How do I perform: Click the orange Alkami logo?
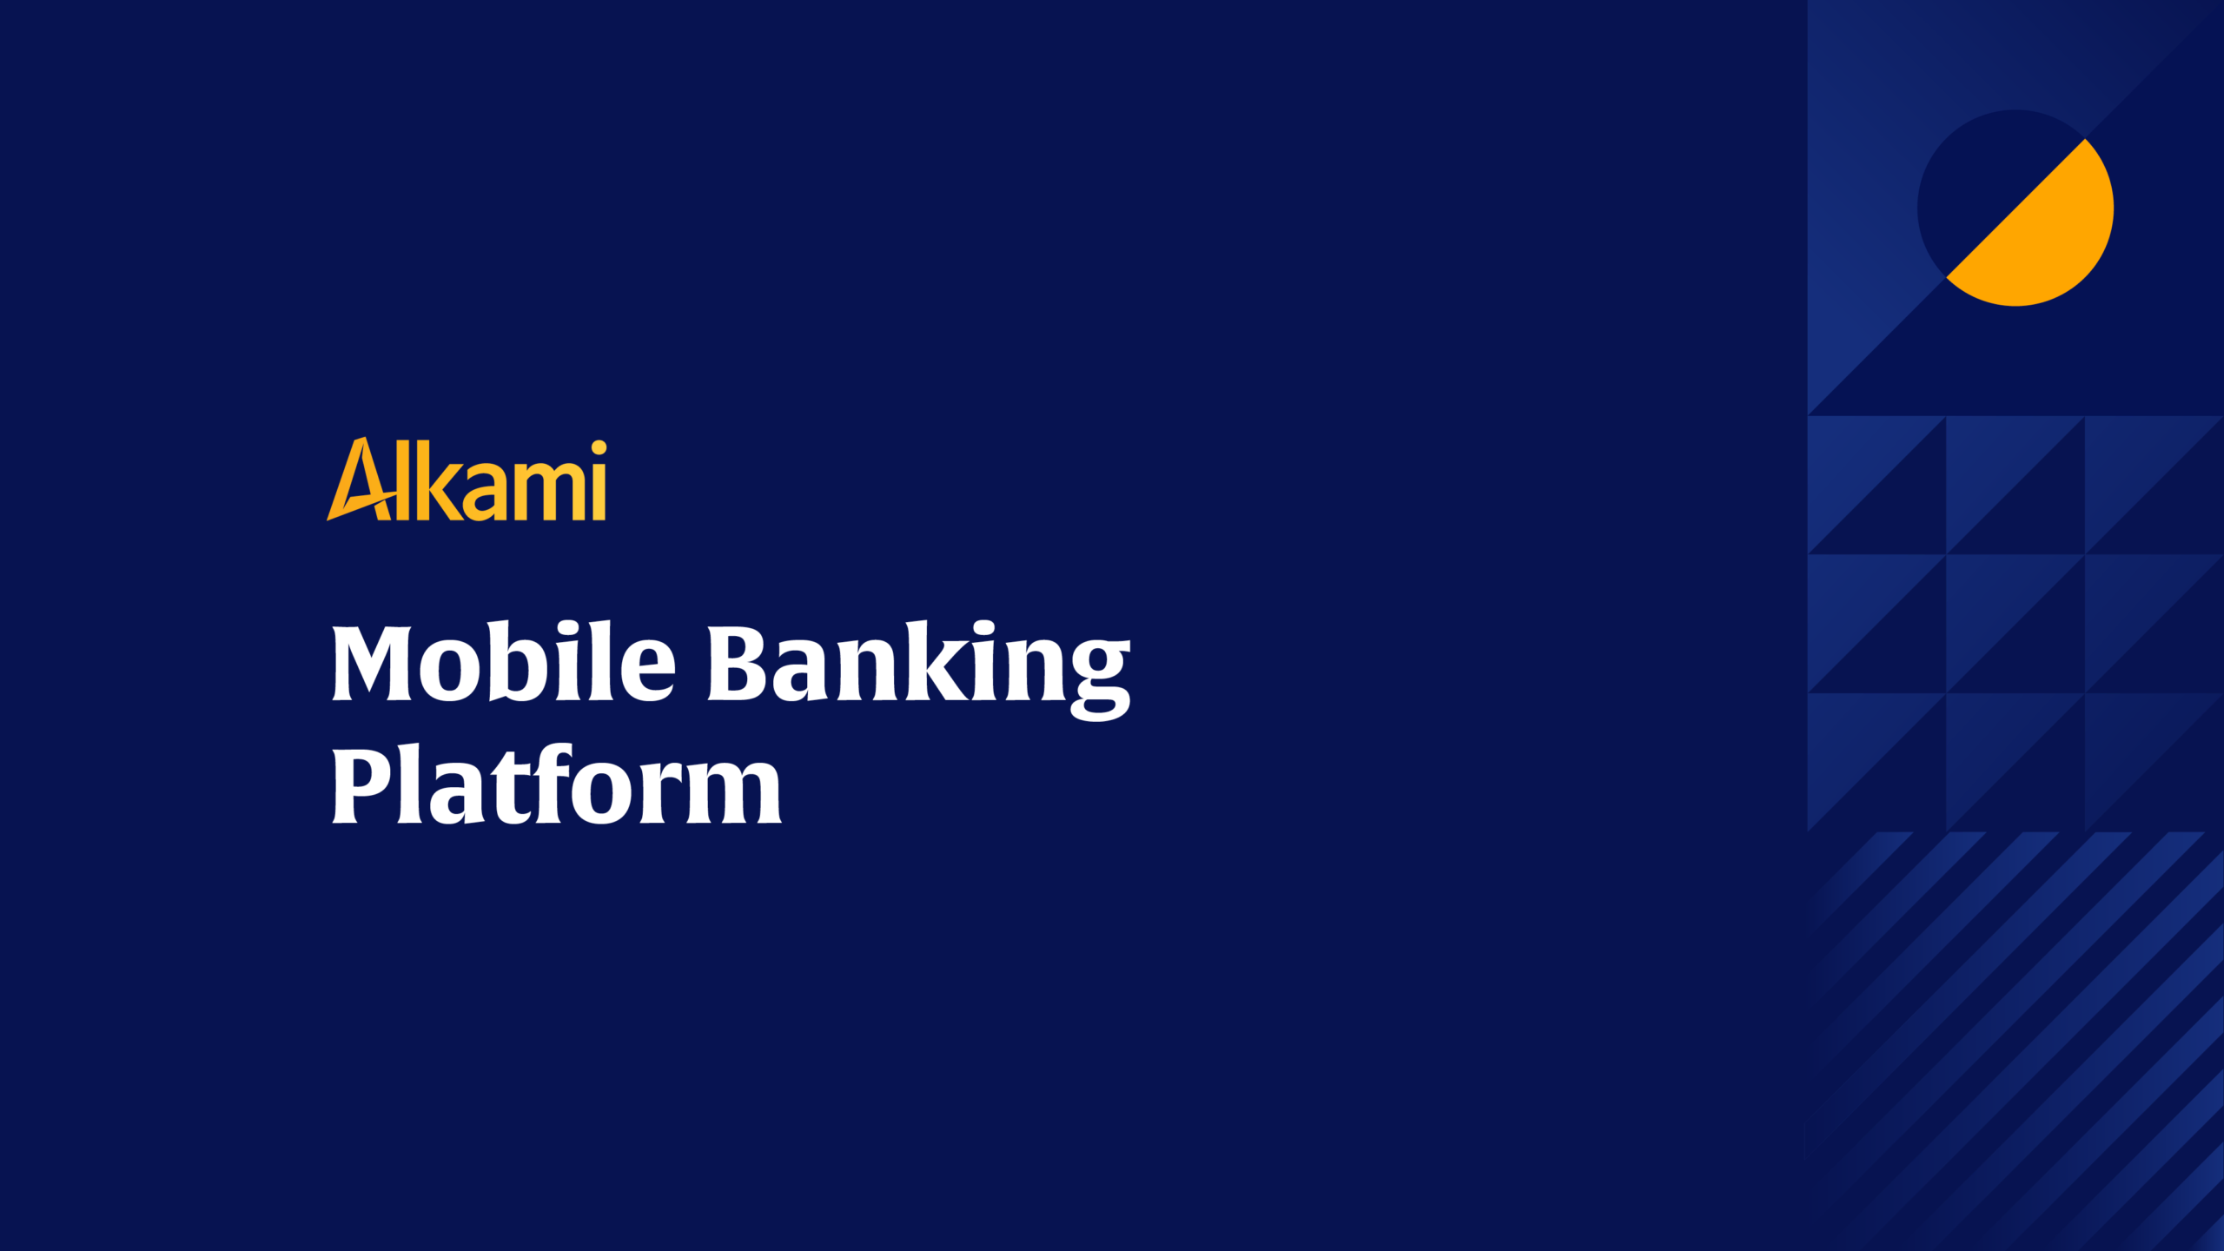pyautogui.click(x=467, y=480)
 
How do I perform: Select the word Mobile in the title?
pyautogui.click(x=503, y=663)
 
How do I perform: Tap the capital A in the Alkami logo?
pyautogui.click(x=360, y=480)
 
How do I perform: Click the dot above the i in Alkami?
pyautogui.click(x=599, y=448)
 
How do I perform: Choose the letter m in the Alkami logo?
pyautogui.click(x=546, y=491)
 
